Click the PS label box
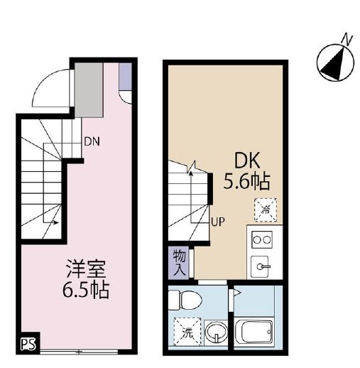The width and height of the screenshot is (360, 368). [28, 343]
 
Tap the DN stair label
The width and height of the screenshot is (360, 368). [92, 142]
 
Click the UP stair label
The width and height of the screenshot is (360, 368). [218, 222]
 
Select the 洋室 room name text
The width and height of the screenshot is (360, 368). [86, 269]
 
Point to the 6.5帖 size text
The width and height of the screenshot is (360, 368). [86, 290]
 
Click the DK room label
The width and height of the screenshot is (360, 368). [247, 161]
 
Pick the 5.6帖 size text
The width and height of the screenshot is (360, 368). [246, 181]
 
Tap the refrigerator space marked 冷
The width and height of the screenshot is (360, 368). [266, 210]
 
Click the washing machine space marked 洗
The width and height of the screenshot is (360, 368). [187, 331]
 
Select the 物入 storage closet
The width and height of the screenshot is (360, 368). [179, 263]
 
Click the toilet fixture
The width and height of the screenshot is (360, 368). [185, 300]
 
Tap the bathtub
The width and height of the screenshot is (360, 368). [253, 331]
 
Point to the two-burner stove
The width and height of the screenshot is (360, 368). [262, 239]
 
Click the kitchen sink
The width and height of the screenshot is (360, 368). [261, 266]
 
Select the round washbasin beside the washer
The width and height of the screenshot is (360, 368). [216, 332]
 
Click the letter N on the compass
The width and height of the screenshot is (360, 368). [347, 40]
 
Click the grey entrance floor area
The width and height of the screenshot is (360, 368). [89, 90]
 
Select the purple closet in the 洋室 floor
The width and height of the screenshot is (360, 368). [125, 76]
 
